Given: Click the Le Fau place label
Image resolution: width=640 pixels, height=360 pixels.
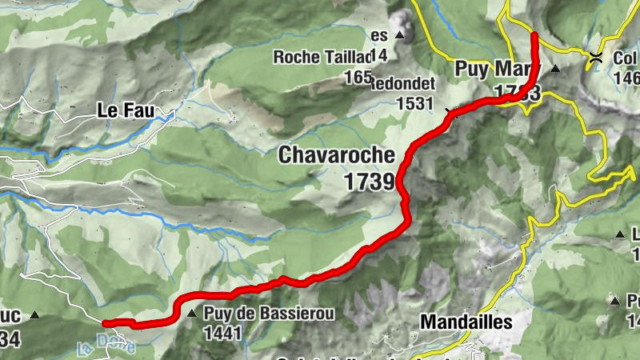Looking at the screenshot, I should point(126,110).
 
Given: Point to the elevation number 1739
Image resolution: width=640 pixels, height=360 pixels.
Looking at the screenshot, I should point(370,182).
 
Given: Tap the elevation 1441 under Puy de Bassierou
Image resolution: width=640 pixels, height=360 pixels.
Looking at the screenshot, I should point(222,332).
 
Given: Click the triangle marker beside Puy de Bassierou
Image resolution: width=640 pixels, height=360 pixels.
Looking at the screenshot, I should point(191,314).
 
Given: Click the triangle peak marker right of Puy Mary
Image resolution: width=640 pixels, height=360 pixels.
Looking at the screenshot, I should point(554,69).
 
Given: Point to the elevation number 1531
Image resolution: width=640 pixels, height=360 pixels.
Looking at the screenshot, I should point(414,104).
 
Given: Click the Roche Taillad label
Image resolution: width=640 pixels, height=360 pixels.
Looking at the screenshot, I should point(323,57).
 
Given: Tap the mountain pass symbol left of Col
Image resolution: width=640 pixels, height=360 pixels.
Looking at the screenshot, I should point(595,57).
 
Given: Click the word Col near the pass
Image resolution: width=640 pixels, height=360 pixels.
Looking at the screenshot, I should point(625,58).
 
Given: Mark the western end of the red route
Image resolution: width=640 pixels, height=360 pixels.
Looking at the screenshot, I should point(106,323).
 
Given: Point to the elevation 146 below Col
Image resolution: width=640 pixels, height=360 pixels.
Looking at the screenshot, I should point(627,78).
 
